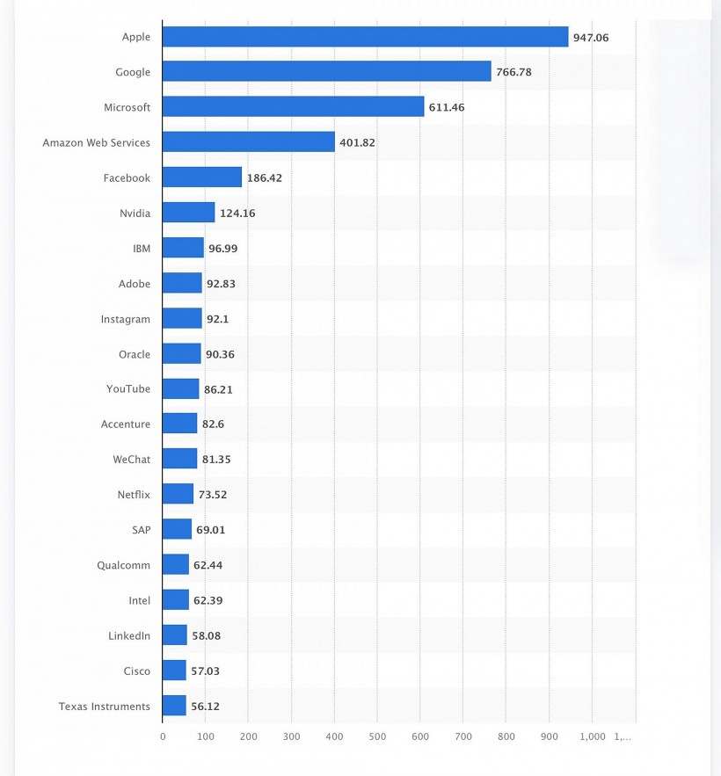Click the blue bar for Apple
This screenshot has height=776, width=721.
(x=365, y=37)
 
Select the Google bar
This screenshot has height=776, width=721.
(x=326, y=72)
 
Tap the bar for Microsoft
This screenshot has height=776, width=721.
(x=293, y=107)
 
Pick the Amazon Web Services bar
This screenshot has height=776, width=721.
(x=249, y=142)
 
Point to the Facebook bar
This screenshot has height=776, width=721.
(x=202, y=178)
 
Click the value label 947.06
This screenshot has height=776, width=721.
(x=591, y=38)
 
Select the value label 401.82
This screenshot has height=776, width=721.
(x=357, y=143)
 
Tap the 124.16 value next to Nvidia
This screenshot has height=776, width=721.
(x=237, y=214)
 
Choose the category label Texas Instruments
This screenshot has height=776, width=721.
(x=105, y=707)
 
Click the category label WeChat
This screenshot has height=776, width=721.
(x=131, y=460)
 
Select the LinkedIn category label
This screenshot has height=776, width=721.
(x=129, y=635)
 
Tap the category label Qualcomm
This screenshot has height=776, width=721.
(x=123, y=565)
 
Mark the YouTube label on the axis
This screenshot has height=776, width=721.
(x=128, y=389)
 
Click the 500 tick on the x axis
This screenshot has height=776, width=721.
(x=377, y=736)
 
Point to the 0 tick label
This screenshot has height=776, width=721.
(x=163, y=736)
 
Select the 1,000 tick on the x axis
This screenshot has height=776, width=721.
(x=592, y=736)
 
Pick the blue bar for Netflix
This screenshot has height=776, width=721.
(x=178, y=495)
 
